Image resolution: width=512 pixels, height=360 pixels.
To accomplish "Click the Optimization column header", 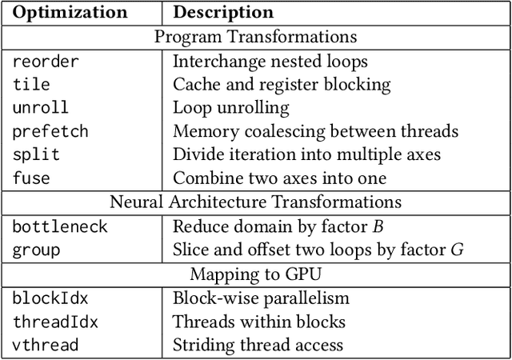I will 70,13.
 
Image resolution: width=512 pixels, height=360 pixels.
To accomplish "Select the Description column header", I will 223,13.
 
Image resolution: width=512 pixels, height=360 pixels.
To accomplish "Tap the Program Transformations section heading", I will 255,37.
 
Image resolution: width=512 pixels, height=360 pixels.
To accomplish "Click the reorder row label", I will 46,61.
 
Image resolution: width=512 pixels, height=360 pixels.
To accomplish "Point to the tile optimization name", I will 31,84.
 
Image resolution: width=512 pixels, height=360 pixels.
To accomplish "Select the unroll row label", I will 41,107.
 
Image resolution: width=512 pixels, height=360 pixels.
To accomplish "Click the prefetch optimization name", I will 50,130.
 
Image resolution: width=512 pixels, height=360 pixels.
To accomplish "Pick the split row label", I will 36,154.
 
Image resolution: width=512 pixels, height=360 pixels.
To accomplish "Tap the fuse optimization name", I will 31,178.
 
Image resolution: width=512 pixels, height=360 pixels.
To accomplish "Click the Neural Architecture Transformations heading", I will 255,202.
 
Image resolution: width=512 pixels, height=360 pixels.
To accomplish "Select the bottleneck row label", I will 60,226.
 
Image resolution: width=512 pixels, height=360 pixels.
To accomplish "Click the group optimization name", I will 36,250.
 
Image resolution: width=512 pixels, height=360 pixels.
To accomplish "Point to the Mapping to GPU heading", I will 255,274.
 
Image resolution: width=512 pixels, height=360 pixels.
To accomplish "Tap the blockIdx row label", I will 50,298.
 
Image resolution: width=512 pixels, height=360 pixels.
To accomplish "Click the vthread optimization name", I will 46,345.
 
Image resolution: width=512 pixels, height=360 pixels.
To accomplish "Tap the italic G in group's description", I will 457,250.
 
